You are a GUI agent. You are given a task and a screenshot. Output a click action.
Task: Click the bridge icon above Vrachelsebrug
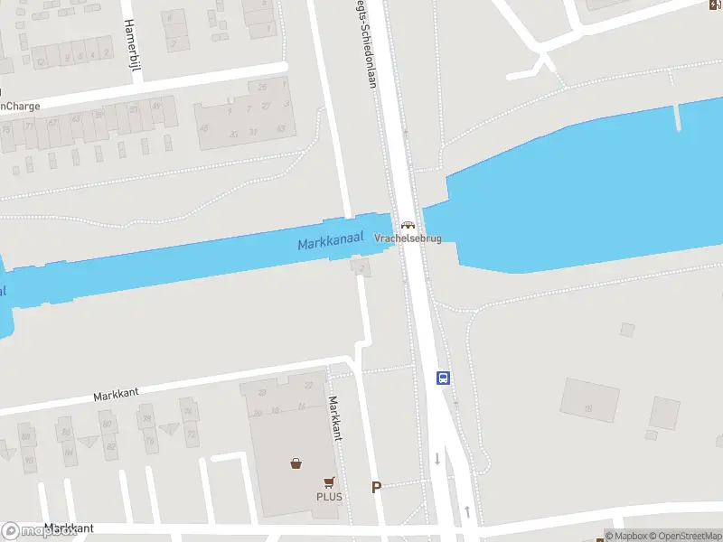tap(408, 225)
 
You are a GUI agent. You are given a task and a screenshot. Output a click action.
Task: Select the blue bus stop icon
tap(444, 378)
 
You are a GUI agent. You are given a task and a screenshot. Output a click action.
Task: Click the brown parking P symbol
tap(377, 488)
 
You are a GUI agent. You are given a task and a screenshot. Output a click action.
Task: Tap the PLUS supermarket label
tap(329, 497)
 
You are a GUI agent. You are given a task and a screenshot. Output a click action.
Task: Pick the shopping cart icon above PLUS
tap(329, 482)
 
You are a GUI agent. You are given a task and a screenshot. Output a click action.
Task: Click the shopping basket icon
tap(296, 464)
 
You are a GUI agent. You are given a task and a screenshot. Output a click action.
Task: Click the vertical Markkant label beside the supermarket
tap(335, 418)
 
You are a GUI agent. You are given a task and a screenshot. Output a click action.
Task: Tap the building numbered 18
tap(587, 408)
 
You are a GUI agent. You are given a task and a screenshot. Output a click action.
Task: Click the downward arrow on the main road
tap(437, 458)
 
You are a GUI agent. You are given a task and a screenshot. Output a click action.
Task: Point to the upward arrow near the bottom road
tap(466, 512)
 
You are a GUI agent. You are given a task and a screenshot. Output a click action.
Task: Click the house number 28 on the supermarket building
tap(262, 392)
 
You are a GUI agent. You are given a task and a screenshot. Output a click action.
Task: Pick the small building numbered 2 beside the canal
tap(362, 268)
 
